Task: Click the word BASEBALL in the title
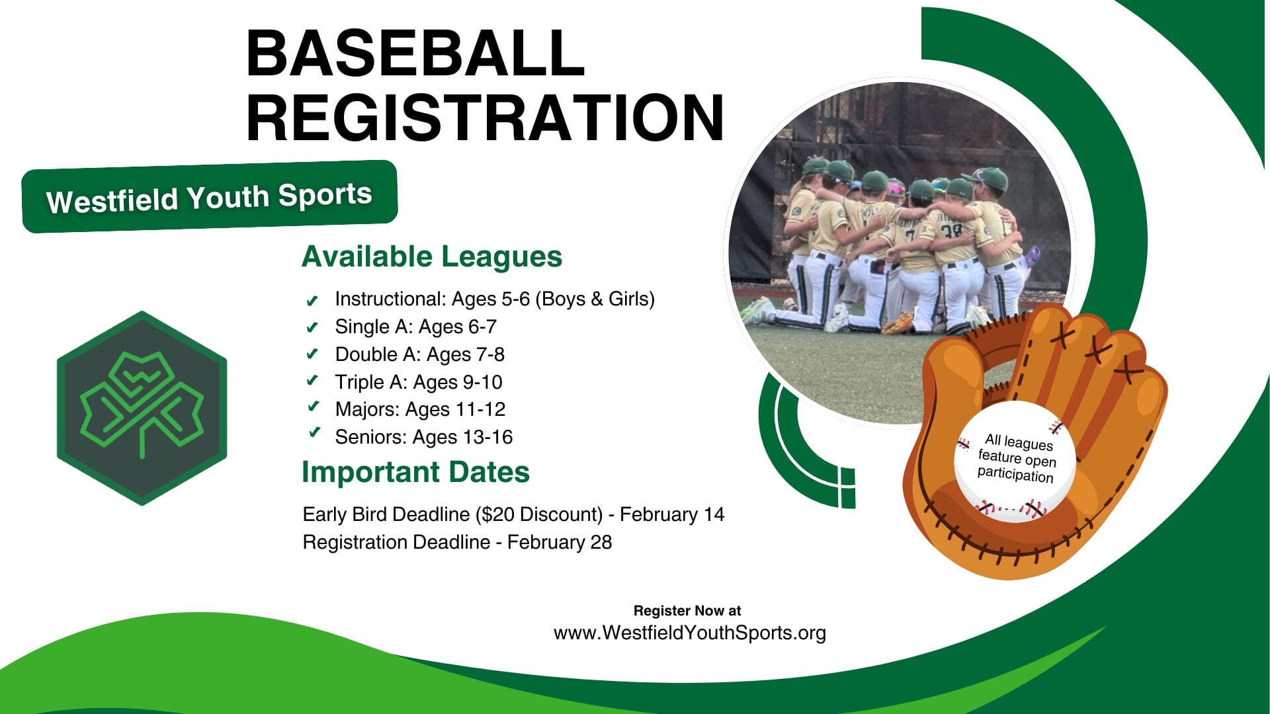(x=415, y=53)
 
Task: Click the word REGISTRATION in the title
(x=486, y=118)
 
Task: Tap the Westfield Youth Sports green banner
(x=210, y=196)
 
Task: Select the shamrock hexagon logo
(x=142, y=408)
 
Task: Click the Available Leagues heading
(x=432, y=257)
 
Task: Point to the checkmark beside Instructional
(x=312, y=301)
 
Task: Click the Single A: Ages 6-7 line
(x=415, y=327)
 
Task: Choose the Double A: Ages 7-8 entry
(x=419, y=354)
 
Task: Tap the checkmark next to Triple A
(x=312, y=381)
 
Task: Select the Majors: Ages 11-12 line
(x=420, y=409)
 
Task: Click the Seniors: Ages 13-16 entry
(x=424, y=437)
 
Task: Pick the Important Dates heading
(x=415, y=472)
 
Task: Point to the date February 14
(x=672, y=514)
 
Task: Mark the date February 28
(x=560, y=542)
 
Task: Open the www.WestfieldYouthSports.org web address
(x=690, y=633)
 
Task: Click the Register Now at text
(x=687, y=611)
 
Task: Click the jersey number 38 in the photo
(x=951, y=231)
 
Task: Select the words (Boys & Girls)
(x=595, y=299)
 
